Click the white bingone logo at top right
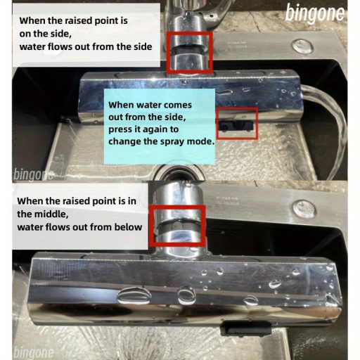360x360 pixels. [x=315, y=13]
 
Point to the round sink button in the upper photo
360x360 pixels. [x=303, y=46]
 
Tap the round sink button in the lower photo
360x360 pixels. [x=303, y=209]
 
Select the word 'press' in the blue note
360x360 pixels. [x=120, y=130]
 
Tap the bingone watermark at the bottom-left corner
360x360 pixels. [x=34, y=353]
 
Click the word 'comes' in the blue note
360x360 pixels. [x=178, y=105]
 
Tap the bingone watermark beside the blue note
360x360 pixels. [x=34, y=175]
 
